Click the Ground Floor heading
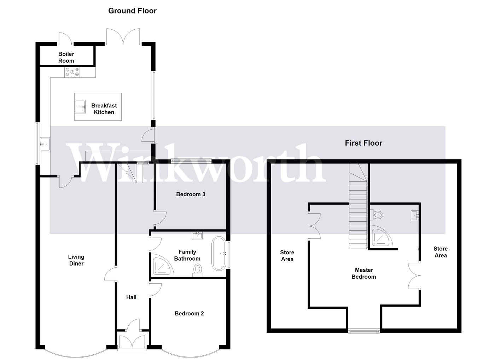[132, 11]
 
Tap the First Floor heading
[363, 143]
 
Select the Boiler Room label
[66, 57]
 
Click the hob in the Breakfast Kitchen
[72, 72]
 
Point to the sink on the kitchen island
[80, 107]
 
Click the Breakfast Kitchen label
[104, 109]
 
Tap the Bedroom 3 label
[191, 194]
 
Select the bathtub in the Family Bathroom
[219, 254]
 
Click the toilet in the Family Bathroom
[198, 271]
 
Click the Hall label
[131, 297]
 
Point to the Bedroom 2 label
[189, 313]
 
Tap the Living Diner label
[76, 260]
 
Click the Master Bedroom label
[364, 273]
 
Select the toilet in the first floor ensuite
[377, 215]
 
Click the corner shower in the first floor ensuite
[380, 237]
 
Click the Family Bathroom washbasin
[197, 236]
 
